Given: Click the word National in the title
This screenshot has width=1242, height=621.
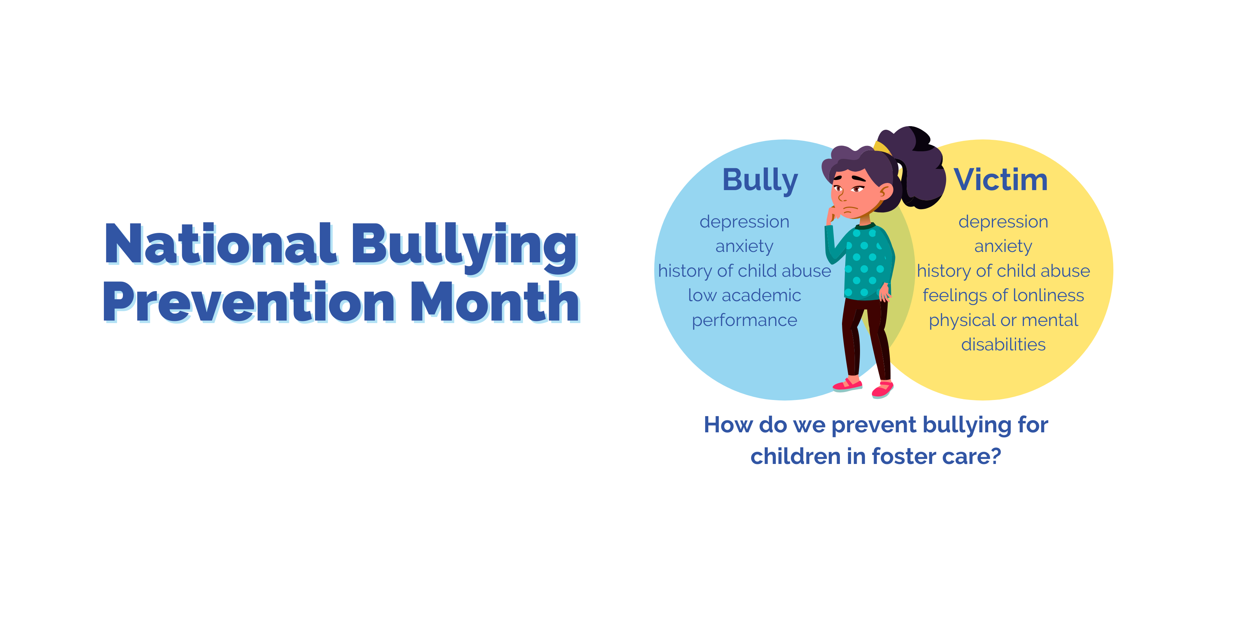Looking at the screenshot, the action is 220,244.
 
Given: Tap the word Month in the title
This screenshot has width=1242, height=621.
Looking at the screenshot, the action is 495,302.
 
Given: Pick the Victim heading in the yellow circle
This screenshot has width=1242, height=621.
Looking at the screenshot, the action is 1001,179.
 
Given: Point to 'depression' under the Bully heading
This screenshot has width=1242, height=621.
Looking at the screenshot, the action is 744,222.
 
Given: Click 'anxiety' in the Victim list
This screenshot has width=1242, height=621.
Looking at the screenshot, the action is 1003,247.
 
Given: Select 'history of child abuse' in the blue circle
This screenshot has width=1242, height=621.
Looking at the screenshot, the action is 744,271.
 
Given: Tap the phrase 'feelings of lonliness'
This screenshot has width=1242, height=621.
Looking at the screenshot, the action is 1003,295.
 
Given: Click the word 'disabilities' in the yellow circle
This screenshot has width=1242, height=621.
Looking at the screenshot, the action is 1003,344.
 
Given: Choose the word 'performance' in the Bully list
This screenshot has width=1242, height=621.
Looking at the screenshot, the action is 744,321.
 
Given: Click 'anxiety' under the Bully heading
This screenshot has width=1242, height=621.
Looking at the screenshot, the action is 744,247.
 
